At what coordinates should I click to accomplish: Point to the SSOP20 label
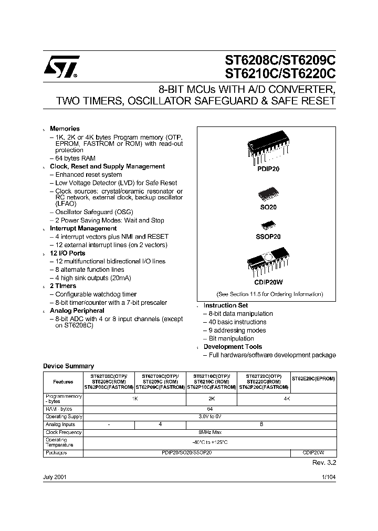[x=268, y=237]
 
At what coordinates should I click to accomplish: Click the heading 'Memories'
[x=65, y=129]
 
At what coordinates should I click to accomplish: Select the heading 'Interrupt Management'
[x=83, y=228]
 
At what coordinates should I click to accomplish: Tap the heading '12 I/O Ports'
[x=67, y=253]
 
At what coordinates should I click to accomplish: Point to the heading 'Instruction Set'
[x=226, y=305]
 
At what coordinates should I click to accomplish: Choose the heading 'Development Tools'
[x=233, y=347]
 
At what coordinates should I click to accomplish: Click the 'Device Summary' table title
[x=68, y=366]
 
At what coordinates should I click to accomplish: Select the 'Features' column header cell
[x=63, y=383]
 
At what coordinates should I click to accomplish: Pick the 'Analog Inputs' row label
[x=60, y=424]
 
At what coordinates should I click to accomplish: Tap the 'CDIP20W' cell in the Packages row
[x=313, y=451]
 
